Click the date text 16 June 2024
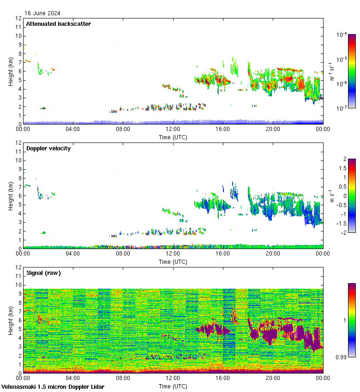click(42, 13)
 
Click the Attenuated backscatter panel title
click(58, 24)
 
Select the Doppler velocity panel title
click(48, 148)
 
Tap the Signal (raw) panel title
click(43, 273)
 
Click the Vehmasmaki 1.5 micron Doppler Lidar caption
click(53, 386)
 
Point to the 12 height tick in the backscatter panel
click(18, 18)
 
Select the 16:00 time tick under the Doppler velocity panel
click(222, 254)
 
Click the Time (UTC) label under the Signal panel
click(173, 386)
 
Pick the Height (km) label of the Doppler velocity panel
click(10, 196)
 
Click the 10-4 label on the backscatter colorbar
click(342, 35)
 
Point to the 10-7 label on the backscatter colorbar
click(342, 109)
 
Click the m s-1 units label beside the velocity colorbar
click(332, 196)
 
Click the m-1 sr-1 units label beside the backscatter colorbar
click(332, 71)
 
